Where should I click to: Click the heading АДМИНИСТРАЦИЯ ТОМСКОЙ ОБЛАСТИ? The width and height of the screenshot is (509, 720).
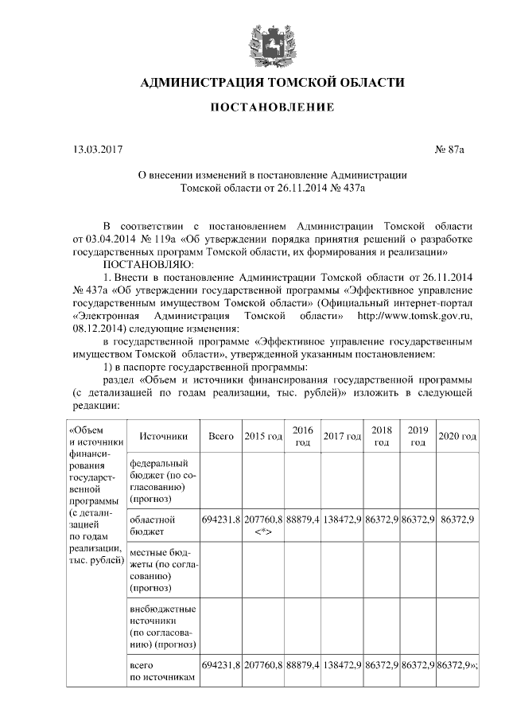[x=272, y=82]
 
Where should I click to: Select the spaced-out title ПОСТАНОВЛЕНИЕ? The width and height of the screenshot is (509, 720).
[x=272, y=107]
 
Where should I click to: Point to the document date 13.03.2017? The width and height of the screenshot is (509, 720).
[x=97, y=148]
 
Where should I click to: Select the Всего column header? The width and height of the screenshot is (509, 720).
[x=220, y=436]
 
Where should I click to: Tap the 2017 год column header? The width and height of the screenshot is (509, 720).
[x=342, y=436]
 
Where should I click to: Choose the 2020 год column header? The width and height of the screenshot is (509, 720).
[x=457, y=436]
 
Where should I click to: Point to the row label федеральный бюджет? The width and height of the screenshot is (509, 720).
[x=157, y=481]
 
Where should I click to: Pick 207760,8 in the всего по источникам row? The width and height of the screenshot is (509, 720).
[x=263, y=664]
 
